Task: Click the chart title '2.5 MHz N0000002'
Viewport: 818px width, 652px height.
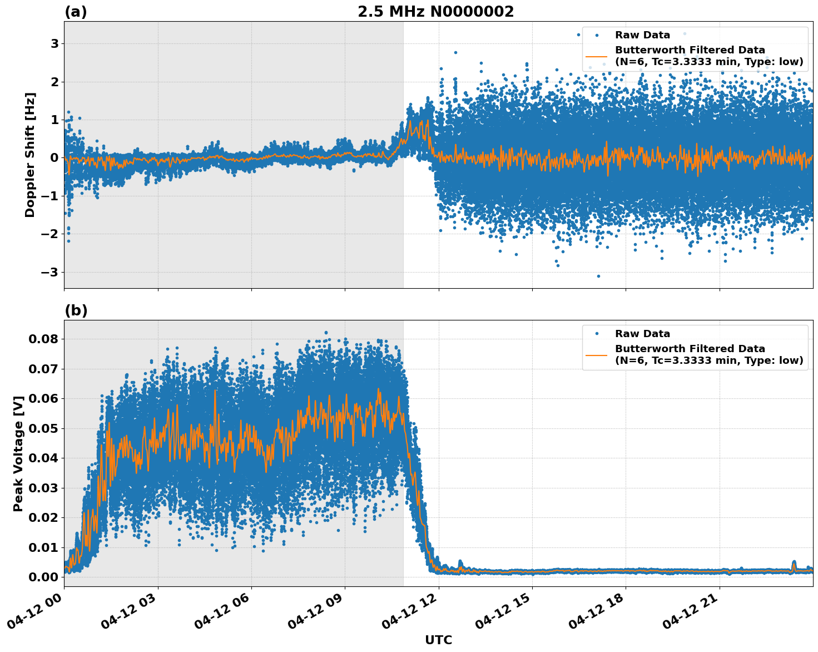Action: [435, 12]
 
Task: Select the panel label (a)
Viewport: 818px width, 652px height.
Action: [76, 12]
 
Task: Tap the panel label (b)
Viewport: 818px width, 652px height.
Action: [76, 310]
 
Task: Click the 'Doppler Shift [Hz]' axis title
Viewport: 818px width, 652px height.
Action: [30, 155]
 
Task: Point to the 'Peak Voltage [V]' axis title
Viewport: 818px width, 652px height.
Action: [18, 453]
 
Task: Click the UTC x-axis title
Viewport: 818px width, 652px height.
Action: [438, 640]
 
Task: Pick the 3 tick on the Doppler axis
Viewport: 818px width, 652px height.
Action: [54, 43]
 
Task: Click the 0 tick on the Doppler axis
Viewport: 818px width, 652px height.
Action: [54, 157]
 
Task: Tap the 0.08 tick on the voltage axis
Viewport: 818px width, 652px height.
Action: [44, 339]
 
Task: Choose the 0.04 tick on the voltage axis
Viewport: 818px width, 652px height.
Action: [44, 458]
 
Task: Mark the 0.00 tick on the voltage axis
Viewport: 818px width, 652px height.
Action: [44, 577]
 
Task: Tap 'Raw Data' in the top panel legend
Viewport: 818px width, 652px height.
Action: [642, 35]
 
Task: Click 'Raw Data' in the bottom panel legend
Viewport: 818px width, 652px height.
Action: [642, 334]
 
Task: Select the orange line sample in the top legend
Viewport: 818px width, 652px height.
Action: [597, 56]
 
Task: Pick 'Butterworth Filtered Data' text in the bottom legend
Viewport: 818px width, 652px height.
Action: [690, 349]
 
